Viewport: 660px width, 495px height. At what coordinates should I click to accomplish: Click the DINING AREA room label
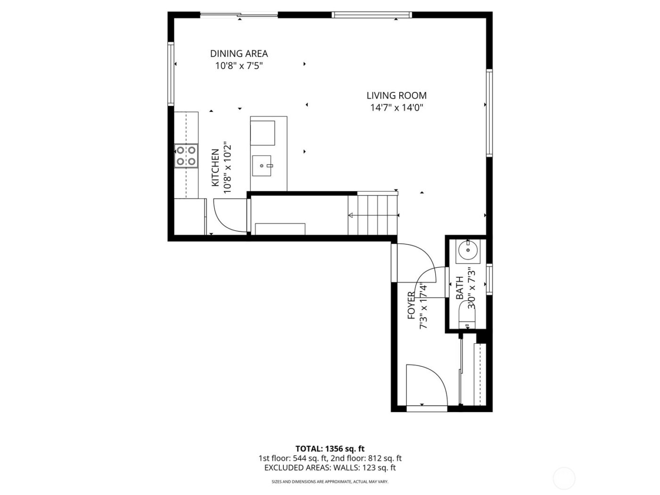click(239, 54)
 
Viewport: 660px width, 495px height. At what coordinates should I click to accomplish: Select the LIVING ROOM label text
click(396, 96)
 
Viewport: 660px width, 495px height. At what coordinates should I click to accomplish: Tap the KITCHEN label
click(215, 168)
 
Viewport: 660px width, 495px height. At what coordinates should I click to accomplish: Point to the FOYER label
click(412, 305)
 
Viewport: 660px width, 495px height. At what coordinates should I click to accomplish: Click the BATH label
click(460, 289)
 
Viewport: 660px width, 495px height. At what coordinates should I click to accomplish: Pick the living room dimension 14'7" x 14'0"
click(396, 108)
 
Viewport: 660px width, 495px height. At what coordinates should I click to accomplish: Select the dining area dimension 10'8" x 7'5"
click(239, 66)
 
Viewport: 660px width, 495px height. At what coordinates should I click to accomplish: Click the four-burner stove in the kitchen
click(186, 156)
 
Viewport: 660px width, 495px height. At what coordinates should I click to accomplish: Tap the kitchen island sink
click(262, 166)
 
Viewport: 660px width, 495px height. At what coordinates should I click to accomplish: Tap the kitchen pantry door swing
click(230, 215)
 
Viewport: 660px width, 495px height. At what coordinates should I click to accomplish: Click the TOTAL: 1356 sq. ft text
click(330, 449)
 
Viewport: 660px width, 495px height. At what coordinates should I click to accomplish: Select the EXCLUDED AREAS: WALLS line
click(330, 468)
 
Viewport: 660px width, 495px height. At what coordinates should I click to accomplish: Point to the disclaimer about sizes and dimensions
click(330, 482)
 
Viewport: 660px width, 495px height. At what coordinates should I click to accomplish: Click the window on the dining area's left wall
click(171, 74)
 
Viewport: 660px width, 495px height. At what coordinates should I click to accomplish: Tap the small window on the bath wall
click(490, 280)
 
